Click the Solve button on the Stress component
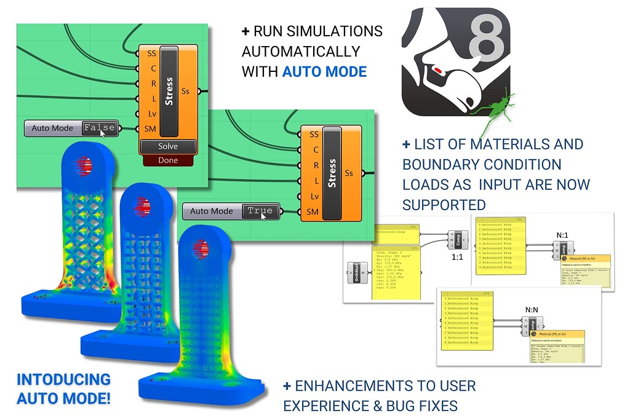point(168,146)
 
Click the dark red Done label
point(168,160)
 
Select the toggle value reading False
point(99,128)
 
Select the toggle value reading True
point(260,211)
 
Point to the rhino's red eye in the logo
point(437,70)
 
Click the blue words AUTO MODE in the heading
point(324,71)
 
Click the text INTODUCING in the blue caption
point(64,380)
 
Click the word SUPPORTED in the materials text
point(444,204)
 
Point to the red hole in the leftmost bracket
point(84,164)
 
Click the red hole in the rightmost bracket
point(205,249)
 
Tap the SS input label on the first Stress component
point(151,53)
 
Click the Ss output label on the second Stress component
point(349,173)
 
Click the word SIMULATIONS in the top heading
point(341,31)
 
